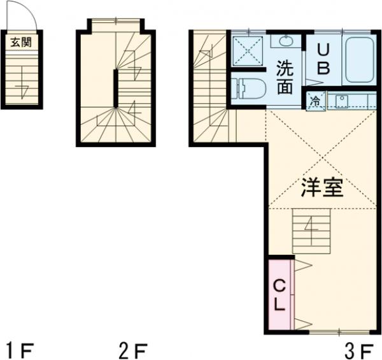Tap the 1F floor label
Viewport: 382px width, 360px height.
pyautogui.click(x=19, y=349)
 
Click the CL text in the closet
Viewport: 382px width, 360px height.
pyautogui.click(x=279, y=294)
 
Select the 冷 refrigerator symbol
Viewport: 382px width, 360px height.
pyautogui.click(x=315, y=100)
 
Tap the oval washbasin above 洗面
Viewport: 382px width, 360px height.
pyautogui.click(x=284, y=41)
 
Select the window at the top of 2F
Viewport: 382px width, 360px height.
pyautogui.click(x=115, y=22)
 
